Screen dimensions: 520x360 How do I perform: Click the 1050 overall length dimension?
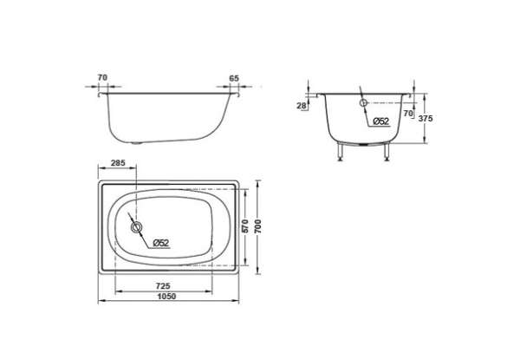(x=166, y=297)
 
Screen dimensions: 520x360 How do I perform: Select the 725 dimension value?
(x=163, y=285)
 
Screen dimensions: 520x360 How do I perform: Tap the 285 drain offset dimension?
(x=118, y=163)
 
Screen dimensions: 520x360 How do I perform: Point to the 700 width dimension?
(x=257, y=226)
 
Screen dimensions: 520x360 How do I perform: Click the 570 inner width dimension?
(x=245, y=226)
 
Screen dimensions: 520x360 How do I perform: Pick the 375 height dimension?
(x=426, y=119)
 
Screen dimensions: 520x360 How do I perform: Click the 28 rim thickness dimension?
(x=302, y=106)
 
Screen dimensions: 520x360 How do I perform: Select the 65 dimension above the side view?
(x=234, y=79)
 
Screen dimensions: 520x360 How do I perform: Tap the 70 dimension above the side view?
(x=102, y=78)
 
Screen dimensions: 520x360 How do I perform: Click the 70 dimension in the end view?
(x=408, y=114)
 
